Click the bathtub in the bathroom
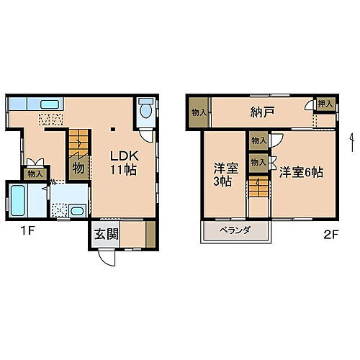(17, 198)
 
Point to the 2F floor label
(330, 233)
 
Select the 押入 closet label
(325, 104)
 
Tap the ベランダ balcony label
(235, 230)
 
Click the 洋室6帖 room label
(301, 172)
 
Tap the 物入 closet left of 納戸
(199, 112)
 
